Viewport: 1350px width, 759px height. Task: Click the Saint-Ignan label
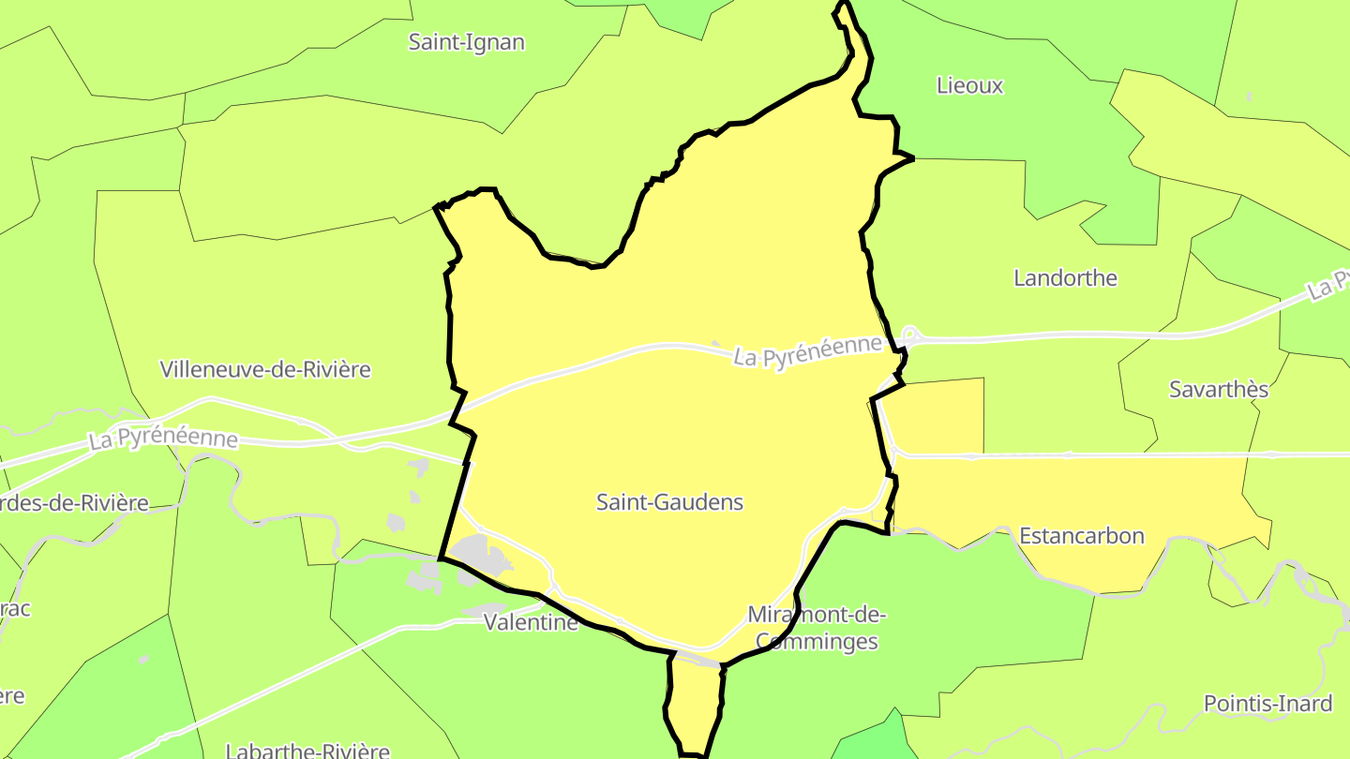pos(467,42)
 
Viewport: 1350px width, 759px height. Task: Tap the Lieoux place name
pos(969,86)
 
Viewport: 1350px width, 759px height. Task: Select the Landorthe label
pos(1066,278)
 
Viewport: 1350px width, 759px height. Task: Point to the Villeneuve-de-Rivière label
pos(265,369)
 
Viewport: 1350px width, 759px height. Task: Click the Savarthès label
pos(1219,390)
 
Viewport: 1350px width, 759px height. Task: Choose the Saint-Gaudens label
pos(669,502)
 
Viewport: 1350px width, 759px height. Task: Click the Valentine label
pos(531,622)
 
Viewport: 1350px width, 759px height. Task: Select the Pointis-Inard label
pos(1267,704)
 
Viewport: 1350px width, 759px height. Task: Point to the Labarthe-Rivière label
pos(307,751)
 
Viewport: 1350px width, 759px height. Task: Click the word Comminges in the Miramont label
pos(817,642)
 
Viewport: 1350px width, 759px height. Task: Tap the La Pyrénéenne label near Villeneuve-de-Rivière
pos(163,439)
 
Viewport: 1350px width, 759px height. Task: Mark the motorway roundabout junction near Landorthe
pos(908,334)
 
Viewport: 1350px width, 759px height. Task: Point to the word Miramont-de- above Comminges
pos(817,616)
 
